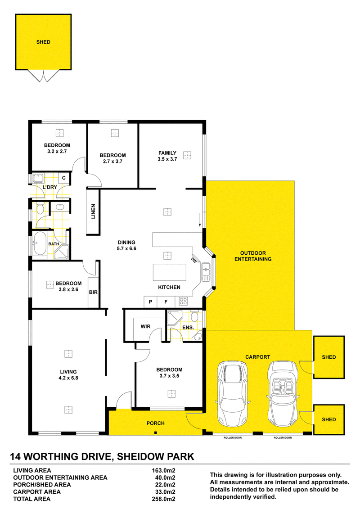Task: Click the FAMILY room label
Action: (x=167, y=153)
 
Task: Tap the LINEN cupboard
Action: (x=93, y=212)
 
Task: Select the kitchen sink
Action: (x=206, y=272)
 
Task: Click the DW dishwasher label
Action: (x=194, y=260)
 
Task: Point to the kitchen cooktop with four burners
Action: (x=183, y=302)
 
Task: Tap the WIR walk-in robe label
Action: (x=145, y=326)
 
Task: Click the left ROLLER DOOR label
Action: (x=233, y=437)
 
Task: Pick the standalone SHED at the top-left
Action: (x=43, y=42)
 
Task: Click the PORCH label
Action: (x=156, y=423)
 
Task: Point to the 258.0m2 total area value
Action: (x=163, y=499)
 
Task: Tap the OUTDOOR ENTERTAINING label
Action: (x=253, y=256)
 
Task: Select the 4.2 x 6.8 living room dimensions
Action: (x=68, y=378)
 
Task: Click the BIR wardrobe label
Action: (x=93, y=292)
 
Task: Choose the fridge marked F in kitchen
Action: (x=166, y=302)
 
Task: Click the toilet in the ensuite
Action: (x=194, y=316)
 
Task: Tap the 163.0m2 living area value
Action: (x=163, y=470)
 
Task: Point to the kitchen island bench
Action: (x=170, y=272)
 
